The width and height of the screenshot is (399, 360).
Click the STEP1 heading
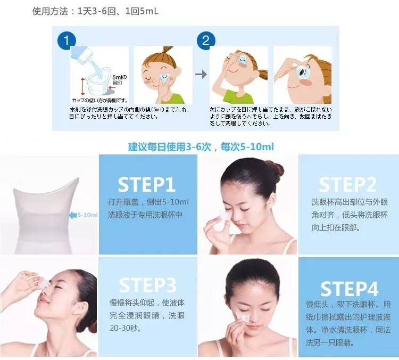point(146,184)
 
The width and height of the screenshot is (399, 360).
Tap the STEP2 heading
point(347,184)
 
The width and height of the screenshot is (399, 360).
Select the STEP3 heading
point(146,285)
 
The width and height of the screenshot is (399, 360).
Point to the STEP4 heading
point(349,288)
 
